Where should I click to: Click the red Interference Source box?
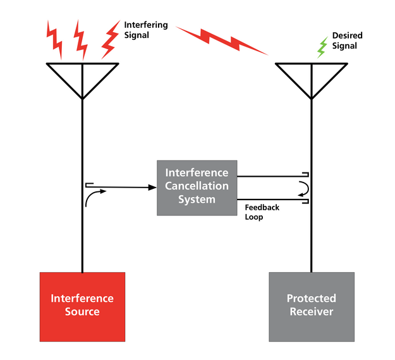coord(82,306)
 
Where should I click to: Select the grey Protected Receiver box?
coord(311,306)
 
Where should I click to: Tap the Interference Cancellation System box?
coord(197,187)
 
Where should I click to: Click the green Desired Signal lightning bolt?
coord(322,47)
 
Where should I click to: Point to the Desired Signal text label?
coord(347,41)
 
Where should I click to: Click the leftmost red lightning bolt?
coord(54,37)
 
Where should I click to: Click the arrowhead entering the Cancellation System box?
coord(152,187)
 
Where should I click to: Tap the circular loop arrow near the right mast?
coord(303,189)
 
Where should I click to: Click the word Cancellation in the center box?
coord(197,186)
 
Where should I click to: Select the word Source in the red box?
coord(82,312)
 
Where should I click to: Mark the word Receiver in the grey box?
coord(311,312)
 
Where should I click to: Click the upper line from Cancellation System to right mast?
coord(272,177)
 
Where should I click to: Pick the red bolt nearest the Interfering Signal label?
coord(111,37)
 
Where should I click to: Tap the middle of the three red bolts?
coord(81,37)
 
